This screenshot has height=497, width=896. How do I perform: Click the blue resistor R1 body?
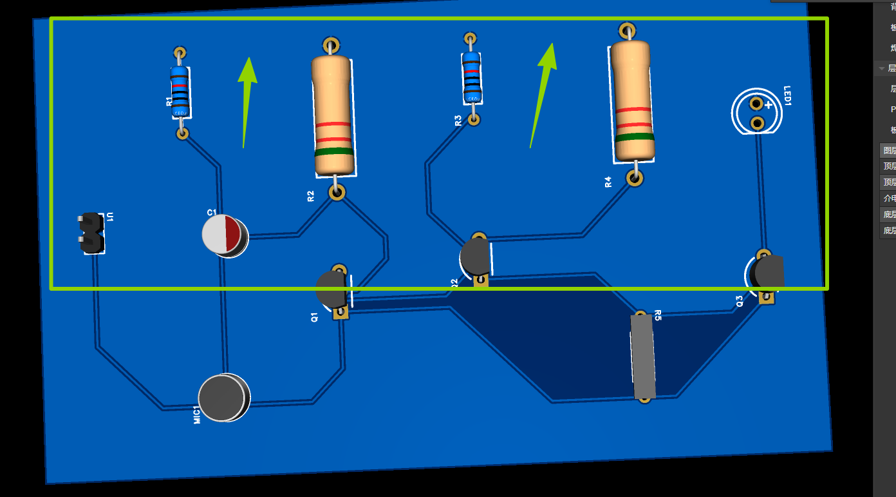180,92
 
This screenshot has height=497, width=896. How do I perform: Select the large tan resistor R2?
333,116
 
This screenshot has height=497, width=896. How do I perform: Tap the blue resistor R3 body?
471,78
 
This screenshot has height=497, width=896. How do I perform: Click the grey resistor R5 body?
642,356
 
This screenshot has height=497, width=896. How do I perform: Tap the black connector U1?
91,232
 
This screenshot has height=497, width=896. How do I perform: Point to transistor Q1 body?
331,289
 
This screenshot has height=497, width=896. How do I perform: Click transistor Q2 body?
476,257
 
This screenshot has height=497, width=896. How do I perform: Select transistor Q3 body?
769,272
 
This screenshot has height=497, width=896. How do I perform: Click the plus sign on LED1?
768,104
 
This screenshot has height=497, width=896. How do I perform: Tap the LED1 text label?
787,95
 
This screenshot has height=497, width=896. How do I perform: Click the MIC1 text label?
198,414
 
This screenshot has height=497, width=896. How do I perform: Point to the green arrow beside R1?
246,97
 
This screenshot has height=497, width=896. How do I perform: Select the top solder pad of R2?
331,44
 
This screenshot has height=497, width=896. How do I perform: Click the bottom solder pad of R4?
635,178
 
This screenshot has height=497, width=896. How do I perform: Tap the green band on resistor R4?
635,137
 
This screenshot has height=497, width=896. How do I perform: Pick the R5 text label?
658,315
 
